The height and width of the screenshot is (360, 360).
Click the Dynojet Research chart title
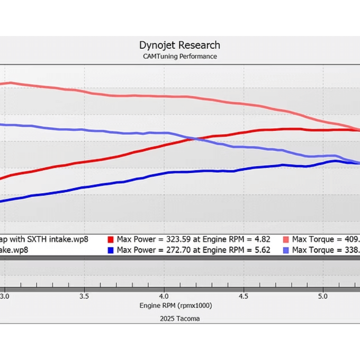[180, 45]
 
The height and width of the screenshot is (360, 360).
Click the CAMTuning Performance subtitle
[180, 56]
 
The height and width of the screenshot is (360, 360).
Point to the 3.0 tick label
[5, 296]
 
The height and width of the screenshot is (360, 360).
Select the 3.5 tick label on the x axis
[84, 296]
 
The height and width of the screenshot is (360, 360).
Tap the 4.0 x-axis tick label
[164, 296]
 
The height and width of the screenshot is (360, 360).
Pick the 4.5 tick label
[243, 296]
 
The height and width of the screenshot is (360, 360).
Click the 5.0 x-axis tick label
[323, 296]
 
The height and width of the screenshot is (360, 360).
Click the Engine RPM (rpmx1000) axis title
[176, 306]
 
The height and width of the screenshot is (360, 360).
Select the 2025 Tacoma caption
[180, 319]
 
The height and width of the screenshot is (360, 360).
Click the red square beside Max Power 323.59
[111, 239]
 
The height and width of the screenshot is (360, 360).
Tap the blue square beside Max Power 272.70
[111, 250]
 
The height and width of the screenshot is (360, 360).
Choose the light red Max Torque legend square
[286, 239]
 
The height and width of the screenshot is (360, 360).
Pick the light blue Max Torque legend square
[286, 250]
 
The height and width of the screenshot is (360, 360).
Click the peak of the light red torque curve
[11, 83]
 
